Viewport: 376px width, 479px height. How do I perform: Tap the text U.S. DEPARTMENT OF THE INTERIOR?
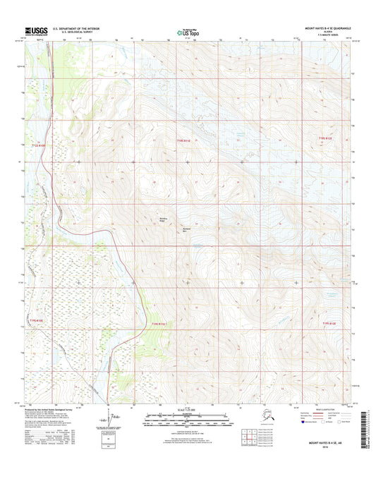click(x=71, y=29)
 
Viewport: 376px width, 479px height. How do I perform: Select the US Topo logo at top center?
click(x=188, y=31)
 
